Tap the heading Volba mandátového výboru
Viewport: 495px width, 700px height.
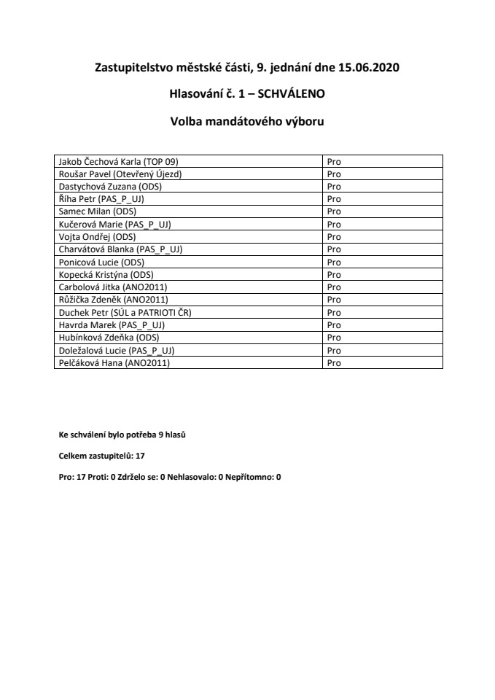coord(247,121)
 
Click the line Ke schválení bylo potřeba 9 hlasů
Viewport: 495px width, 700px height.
coord(126,435)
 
